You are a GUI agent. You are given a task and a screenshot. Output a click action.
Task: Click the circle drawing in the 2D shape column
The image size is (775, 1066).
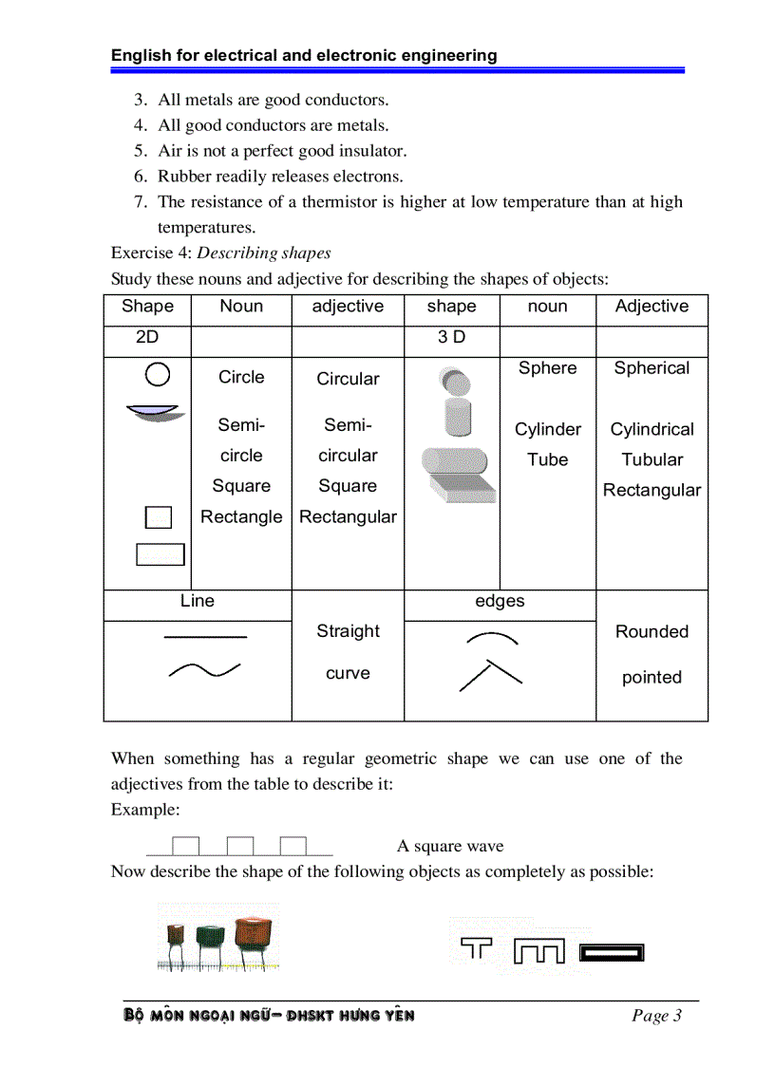point(159,375)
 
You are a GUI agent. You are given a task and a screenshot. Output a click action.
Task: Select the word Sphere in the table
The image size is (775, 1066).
point(547,368)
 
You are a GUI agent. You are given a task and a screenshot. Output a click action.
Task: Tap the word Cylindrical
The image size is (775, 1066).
point(652,429)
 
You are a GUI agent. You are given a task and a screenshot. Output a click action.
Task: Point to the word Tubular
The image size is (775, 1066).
point(652,459)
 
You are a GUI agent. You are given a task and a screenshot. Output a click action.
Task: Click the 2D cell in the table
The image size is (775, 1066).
point(147,337)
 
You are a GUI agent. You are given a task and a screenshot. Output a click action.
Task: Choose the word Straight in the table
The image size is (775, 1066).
point(348,631)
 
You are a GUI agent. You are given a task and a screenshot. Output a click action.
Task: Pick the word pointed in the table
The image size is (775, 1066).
point(652,677)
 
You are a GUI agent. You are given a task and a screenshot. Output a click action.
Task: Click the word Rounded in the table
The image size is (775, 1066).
point(652,631)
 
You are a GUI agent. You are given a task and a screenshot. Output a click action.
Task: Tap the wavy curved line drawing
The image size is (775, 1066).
point(204,670)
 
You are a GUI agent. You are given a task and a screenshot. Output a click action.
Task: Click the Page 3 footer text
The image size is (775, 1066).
point(656,1016)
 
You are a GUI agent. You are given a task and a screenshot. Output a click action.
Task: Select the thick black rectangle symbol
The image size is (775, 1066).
point(612,950)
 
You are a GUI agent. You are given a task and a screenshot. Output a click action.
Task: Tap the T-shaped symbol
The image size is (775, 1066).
point(477,947)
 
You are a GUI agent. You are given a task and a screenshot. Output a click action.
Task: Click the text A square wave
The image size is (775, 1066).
point(450,846)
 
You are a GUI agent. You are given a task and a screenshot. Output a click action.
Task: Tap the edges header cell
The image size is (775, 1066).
point(500,601)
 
